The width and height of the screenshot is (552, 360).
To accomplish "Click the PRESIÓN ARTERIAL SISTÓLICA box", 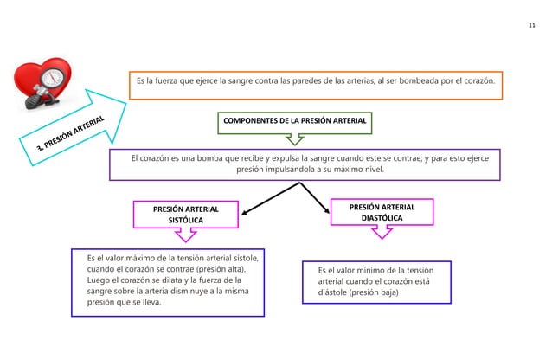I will click(x=186, y=215).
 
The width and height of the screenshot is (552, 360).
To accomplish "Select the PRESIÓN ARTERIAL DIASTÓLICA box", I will click(x=382, y=213).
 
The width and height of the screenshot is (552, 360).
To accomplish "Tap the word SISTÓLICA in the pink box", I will click(x=185, y=222).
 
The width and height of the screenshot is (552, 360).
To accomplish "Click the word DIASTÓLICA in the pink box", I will click(x=382, y=219).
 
